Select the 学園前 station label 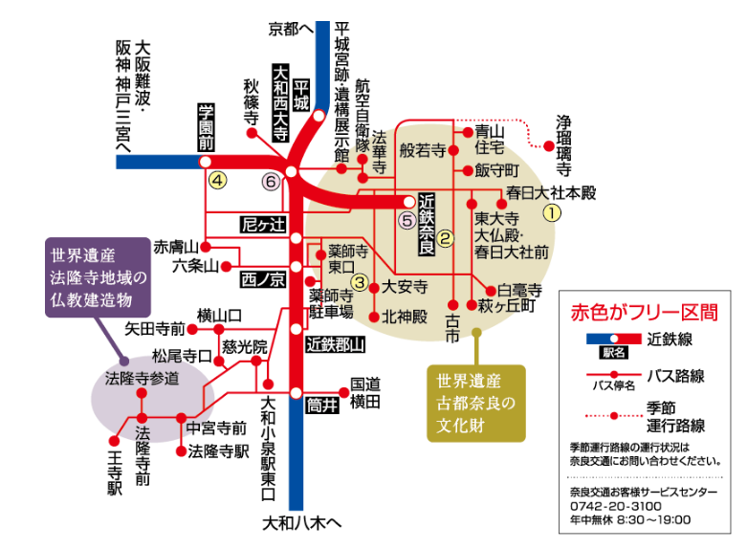[205, 127]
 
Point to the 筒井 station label [323, 405]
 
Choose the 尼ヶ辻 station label [263, 225]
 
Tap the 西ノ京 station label [263, 280]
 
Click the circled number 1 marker [551, 213]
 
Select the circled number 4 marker [219, 180]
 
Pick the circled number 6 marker [272, 181]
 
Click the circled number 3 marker [359, 281]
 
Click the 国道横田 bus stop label [365, 392]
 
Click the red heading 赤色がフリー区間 [642, 313]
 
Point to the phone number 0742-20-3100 [608, 506]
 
